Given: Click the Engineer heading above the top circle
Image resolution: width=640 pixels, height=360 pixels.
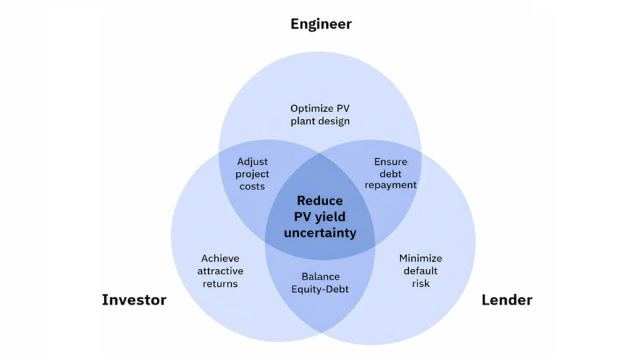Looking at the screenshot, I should (321, 24).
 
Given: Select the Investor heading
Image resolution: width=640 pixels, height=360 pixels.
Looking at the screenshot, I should (134, 300).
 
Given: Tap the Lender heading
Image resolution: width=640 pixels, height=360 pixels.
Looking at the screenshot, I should (506, 300).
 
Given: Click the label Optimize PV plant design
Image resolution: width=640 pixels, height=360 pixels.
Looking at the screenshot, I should (320, 115).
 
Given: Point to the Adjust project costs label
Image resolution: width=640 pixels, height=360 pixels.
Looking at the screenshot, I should (252, 174).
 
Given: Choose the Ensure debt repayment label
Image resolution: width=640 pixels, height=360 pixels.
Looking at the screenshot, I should (391, 173).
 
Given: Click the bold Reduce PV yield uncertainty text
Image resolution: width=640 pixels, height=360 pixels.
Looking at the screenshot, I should (320, 217).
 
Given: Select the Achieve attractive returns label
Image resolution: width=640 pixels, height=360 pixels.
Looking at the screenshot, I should (220, 271).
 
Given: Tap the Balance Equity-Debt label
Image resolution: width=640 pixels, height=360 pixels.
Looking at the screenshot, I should (320, 283).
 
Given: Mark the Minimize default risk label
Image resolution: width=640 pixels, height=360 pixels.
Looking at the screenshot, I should (421, 271).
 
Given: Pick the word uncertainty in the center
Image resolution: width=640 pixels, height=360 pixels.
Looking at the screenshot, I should (320, 233).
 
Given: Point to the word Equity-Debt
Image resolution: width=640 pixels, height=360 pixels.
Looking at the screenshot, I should (320, 289).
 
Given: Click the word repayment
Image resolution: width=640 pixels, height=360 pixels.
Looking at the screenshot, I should (391, 185).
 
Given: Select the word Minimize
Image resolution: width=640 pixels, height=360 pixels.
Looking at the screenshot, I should (421, 258).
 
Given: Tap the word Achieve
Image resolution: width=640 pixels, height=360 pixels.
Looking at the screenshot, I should (220, 258).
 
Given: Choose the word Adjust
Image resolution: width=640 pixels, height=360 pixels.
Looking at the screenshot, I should (252, 162).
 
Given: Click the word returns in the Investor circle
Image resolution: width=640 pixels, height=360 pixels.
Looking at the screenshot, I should (220, 283).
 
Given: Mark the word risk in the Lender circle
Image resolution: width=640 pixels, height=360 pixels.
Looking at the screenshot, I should (421, 283).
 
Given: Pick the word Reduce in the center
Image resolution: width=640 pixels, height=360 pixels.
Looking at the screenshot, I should (320, 201).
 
